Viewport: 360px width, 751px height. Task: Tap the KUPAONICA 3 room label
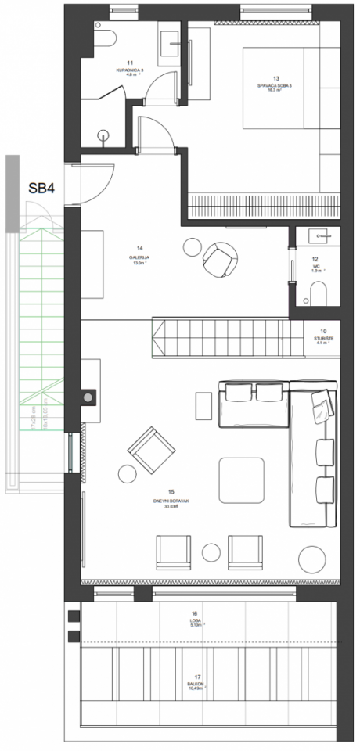[130, 69]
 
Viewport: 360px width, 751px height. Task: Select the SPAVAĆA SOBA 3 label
[268, 85]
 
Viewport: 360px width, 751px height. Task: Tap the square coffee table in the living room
[241, 479]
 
